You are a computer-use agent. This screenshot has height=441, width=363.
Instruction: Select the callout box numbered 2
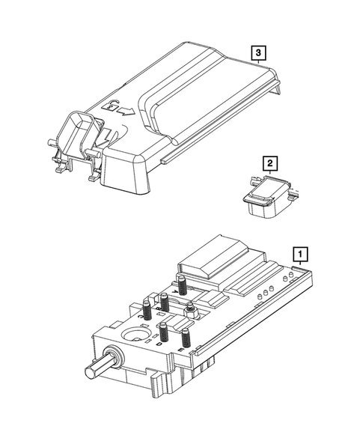coord(269,161)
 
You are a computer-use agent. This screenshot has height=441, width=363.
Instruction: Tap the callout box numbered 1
coord(299,254)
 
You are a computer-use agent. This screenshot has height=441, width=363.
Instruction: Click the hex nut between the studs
coord(192,308)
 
